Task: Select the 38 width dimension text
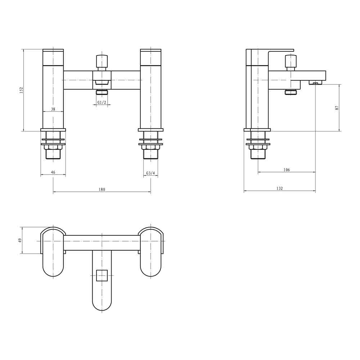click(x=53, y=109)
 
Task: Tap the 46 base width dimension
click(x=53, y=172)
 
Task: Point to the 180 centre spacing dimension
click(x=102, y=189)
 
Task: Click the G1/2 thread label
click(x=102, y=103)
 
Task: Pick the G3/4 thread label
click(x=150, y=173)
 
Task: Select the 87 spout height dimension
click(x=337, y=107)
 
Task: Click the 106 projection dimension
click(x=287, y=170)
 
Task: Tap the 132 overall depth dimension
click(x=280, y=188)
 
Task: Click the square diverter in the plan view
click(x=102, y=275)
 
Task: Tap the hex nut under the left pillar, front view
click(x=53, y=147)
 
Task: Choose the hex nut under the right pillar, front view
click(x=150, y=147)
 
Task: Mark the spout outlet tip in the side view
click(x=315, y=83)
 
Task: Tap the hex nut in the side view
click(x=258, y=147)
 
